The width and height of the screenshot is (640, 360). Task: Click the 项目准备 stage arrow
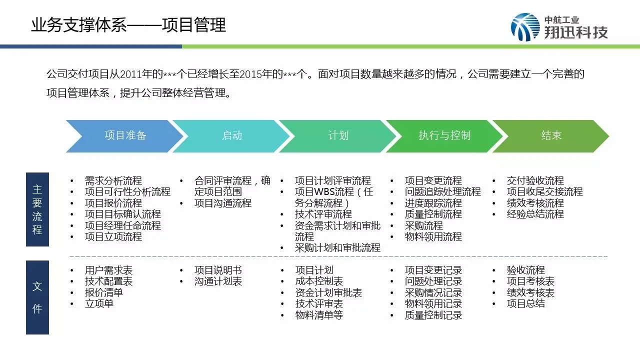(x=125, y=135)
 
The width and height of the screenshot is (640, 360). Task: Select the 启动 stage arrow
(x=231, y=135)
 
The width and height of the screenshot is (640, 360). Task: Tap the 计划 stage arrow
(x=338, y=135)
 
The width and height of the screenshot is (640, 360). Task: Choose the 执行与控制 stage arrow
(x=444, y=135)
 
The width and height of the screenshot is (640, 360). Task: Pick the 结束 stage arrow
(x=551, y=135)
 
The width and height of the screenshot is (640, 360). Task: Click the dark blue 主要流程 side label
(x=37, y=209)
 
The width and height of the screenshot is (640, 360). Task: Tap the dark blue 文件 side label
(x=37, y=297)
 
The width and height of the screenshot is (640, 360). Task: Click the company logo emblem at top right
(x=525, y=27)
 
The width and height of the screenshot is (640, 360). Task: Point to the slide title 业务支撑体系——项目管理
(x=128, y=24)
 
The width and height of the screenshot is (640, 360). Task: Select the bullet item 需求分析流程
(x=113, y=180)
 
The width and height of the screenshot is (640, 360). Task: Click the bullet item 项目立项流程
(x=113, y=236)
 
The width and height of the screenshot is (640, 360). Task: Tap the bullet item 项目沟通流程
(x=223, y=203)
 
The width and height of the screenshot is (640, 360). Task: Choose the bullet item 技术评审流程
(x=323, y=214)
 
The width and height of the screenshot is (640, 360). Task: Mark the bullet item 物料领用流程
(x=433, y=236)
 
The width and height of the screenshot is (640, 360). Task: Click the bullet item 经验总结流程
(x=535, y=214)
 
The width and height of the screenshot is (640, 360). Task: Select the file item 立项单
(x=99, y=303)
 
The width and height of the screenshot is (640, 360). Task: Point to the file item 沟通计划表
(x=218, y=281)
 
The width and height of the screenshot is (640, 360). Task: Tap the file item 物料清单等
(x=319, y=315)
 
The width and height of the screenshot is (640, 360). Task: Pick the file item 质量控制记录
(x=433, y=315)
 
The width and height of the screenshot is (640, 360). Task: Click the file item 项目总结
(x=526, y=303)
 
